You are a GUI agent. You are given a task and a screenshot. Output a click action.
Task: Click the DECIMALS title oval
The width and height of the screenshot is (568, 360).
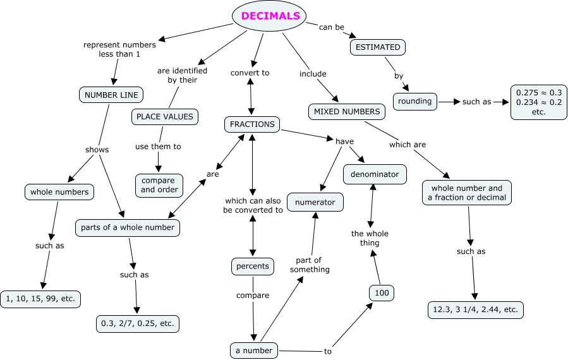[x=270, y=16]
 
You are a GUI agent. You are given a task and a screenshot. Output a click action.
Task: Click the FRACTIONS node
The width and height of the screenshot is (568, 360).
[x=252, y=124]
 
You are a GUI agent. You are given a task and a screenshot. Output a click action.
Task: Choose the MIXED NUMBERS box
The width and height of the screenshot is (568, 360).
[x=347, y=112]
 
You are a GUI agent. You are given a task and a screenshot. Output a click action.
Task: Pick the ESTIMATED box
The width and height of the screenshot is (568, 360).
[x=378, y=47]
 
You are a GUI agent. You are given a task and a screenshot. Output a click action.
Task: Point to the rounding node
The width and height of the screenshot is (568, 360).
[x=415, y=100]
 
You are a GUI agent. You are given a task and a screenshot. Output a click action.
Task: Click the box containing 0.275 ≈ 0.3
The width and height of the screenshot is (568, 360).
[x=538, y=102]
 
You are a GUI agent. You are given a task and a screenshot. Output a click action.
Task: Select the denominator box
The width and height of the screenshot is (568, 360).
[x=375, y=174]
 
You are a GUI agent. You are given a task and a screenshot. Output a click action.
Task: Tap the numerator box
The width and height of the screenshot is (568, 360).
[x=315, y=202]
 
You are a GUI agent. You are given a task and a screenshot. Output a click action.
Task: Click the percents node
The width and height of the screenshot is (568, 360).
[x=253, y=266]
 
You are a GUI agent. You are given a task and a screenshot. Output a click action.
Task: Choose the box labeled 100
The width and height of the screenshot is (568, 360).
[x=382, y=292]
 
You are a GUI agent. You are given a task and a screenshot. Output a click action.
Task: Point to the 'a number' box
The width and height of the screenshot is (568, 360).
[x=254, y=350]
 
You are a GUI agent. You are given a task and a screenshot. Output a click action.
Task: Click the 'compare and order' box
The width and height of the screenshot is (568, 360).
[x=159, y=185]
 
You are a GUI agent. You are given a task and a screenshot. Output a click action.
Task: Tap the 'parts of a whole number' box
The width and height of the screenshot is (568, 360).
[x=128, y=227]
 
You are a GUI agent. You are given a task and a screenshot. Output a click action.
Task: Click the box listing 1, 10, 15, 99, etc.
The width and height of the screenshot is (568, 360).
[x=41, y=299]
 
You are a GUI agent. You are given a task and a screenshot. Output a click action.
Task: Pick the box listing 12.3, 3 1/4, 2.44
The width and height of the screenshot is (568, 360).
[x=475, y=309]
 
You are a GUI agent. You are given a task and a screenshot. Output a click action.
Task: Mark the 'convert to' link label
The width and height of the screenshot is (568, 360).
[x=250, y=73]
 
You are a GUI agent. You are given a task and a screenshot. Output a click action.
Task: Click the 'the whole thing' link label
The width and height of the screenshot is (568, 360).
[x=370, y=238]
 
